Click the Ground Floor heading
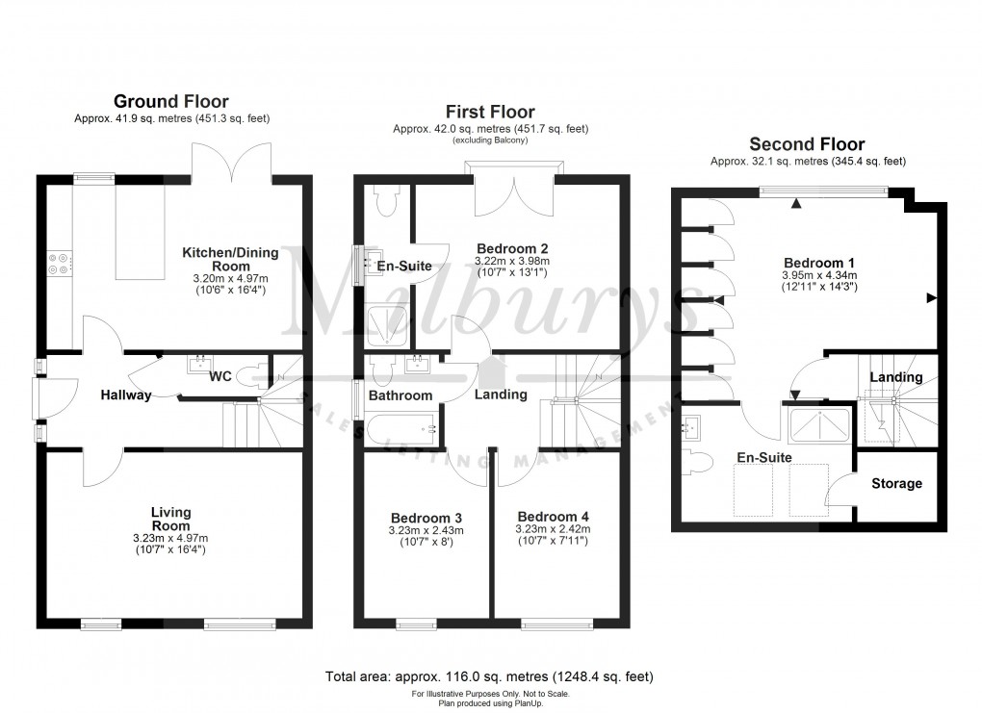171,101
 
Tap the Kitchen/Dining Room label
230,259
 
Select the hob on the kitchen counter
57,263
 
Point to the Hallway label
126,395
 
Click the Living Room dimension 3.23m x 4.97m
170,538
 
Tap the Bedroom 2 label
512,247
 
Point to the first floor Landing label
501,395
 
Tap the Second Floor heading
807,144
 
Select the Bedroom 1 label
819,263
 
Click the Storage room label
896,484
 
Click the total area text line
490,676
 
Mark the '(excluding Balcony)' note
490,140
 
